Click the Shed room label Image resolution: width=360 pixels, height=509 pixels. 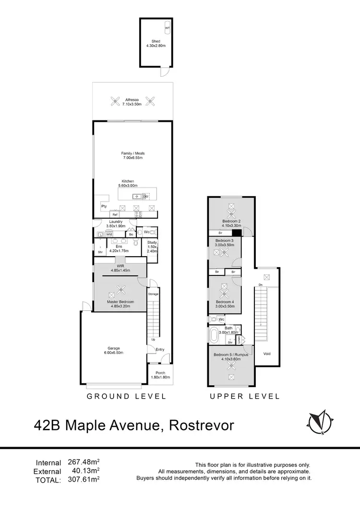coord(156,44)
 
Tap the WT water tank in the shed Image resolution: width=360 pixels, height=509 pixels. coord(167,28)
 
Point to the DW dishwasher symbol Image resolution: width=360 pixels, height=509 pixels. coord(146,196)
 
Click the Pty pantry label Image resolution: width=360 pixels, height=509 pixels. coord(104,206)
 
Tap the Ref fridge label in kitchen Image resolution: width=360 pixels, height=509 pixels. coord(115,214)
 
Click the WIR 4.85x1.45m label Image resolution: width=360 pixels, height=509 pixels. coord(120,268)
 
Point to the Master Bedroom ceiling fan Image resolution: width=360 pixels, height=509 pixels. coord(120,289)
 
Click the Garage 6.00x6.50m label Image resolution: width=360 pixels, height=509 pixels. coord(114,351)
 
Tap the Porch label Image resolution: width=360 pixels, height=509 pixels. coord(158,375)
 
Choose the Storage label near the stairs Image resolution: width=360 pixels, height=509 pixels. coord(153,294)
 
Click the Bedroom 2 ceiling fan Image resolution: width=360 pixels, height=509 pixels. coord(231,207)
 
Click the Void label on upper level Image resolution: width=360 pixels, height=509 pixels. coord(267,354)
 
